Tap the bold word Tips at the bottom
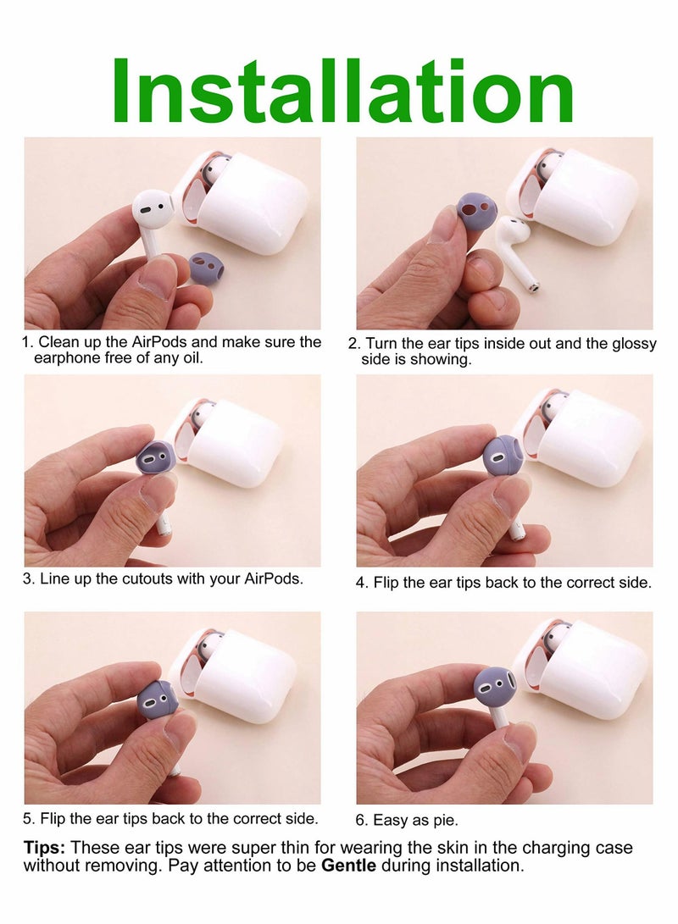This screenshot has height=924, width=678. pyautogui.click(x=44, y=849)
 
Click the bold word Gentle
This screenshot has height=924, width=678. pyautogui.click(x=348, y=866)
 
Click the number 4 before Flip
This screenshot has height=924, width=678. pyautogui.click(x=360, y=584)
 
